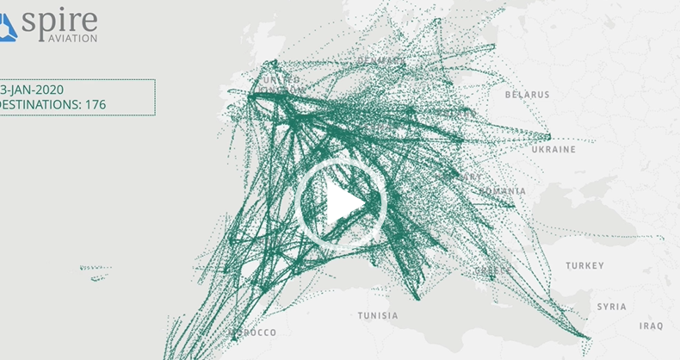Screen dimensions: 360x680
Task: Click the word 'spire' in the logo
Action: click(x=59, y=20)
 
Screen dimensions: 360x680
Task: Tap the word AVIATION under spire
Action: click(x=71, y=38)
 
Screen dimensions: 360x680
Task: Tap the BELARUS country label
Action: click(x=528, y=94)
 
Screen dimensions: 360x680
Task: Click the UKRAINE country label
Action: click(x=553, y=149)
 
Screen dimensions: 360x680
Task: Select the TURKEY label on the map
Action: click(x=584, y=266)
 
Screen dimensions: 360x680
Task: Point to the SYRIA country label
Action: click(x=612, y=307)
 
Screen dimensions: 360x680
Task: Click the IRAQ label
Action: click(x=651, y=326)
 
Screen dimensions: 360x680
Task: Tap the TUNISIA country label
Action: click(x=378, y=315)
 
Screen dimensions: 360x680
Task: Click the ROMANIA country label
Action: click(x=503, y=189)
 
